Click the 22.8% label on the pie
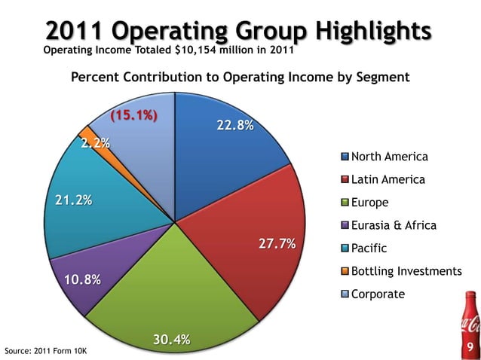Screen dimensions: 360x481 click(234, 126)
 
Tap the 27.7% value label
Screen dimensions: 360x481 click(277, 245)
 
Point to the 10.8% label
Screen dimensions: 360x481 click(82, 280)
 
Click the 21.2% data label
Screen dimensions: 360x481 click(73, 200)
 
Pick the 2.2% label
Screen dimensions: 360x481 click(96, 143)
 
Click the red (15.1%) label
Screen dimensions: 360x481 click(133, 116)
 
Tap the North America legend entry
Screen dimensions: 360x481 click(389, 157)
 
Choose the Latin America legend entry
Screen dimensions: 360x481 click(388, 179)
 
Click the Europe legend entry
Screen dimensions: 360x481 click(369, 203)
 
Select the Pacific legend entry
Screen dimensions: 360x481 click(370, 248)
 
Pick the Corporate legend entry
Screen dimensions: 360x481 click(378, 294)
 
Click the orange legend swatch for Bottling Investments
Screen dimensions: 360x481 click(345, 271)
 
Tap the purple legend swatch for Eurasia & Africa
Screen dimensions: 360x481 click(345, 225)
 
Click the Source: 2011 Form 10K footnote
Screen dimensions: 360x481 click(45, 351)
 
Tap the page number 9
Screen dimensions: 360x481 click(470, 347)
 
